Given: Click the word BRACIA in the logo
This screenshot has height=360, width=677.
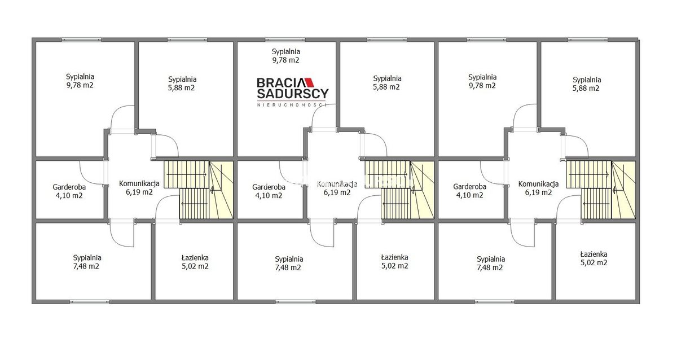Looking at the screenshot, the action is tap(281, 82).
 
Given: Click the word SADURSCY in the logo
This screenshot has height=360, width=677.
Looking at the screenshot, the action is tap(293, 94).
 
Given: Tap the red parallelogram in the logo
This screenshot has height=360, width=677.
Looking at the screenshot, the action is tap(310, 82).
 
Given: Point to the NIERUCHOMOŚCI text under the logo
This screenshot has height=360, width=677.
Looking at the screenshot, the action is tap(292, 105).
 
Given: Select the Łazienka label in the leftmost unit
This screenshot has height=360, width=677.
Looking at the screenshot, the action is tap(195, 258).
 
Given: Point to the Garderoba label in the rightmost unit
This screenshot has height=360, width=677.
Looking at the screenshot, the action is tap(469, 187).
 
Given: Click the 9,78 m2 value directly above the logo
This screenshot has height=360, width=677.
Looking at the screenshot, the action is tap(285, 60).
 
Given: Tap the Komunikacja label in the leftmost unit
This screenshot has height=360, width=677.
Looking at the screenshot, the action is tap(139, 183).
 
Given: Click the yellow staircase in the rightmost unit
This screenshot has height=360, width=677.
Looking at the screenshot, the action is tap(601, 190).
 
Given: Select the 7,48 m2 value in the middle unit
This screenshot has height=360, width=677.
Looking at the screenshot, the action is tap(288, 268).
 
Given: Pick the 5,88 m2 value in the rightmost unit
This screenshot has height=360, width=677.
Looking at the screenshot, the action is tap(586, 88).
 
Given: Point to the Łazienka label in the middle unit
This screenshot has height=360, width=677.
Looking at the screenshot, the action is tap(395, 257).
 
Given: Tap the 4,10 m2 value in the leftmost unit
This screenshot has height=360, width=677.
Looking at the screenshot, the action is tap(69, 196).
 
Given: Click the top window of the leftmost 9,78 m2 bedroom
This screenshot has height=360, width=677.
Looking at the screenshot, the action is tap(81, 39).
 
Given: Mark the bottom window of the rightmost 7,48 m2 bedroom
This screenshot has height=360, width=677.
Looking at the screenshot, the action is tap(494, 302).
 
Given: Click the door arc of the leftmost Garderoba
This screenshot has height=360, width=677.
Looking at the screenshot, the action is tap(86, 178).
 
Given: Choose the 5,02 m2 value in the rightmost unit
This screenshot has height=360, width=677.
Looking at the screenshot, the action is tap(594, 263).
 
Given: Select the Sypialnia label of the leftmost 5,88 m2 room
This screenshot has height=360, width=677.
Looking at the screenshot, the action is tap(182, 80).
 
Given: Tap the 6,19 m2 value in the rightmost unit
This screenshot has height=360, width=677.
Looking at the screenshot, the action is tap(538, 192).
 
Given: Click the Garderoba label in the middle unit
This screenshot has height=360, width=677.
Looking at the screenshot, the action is tap(269, 187).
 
